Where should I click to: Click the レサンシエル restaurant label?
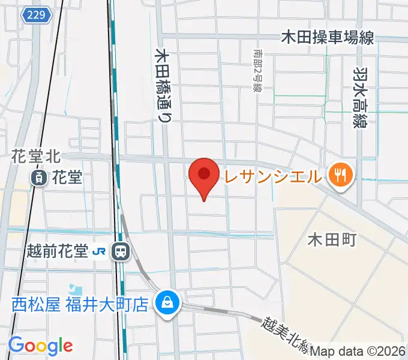(x=274, y=176)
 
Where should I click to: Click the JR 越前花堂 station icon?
(x=121, y=252)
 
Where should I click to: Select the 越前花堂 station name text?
(x=58, y=252)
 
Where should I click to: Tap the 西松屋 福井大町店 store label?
(x=80, y=304)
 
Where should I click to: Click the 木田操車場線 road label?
(x=328, y=38)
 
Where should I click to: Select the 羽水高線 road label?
(x=361, y=96)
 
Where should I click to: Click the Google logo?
(x=40, y=346)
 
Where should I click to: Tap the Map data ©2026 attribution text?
(x=358, y=352)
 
